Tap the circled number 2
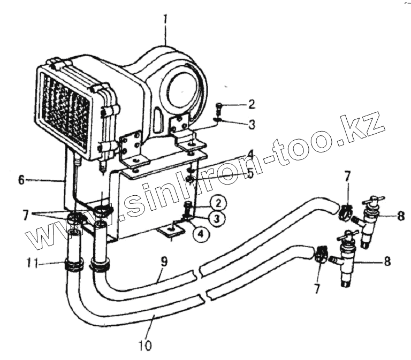(x=218, y=203)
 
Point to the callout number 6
(x=21, y=180)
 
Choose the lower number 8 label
(x=387, y=262)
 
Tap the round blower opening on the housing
(x=185, y=88)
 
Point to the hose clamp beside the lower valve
(x=320, y=253)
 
